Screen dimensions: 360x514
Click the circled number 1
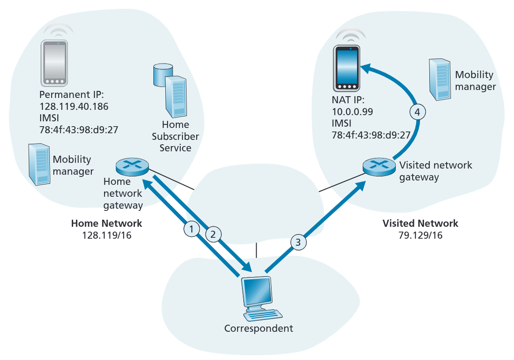[x=191, y=228]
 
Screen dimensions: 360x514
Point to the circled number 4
[x=418, y=112]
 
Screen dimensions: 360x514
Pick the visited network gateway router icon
[x=378, y=166]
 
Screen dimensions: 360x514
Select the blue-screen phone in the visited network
[x=347, y=68]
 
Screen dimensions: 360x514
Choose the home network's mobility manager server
[x=38, y=164]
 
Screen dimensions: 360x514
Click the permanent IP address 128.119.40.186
[x=74, y=106]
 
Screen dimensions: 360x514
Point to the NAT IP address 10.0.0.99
[x=352, y=112]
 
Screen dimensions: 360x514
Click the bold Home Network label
[x=107, y=223]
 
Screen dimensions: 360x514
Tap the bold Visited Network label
[x=420, y=223]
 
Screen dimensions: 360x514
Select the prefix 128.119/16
[x=107, y=236]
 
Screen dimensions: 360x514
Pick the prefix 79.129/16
[x=420, y=236]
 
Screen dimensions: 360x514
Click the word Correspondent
[x=258, y=329]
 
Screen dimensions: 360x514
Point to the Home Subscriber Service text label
[x=175, y=136]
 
